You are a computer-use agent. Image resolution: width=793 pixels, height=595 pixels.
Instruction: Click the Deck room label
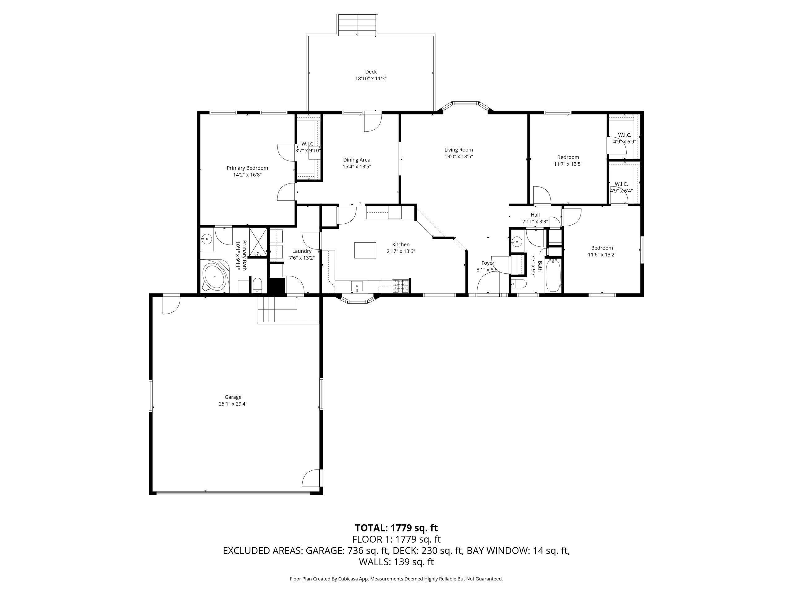click(x=371, y=72)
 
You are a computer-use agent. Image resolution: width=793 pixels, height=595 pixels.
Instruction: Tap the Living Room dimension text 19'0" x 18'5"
click(x=458, y=156)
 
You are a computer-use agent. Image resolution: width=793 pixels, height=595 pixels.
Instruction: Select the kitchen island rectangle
click(x=365, y=250)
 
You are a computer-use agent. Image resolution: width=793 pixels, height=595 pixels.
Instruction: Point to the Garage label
click(x=233, y=397)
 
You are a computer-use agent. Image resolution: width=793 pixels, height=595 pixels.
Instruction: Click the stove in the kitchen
click(x=401, y=286)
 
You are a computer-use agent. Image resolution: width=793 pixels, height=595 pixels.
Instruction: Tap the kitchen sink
click(x=357, y=287)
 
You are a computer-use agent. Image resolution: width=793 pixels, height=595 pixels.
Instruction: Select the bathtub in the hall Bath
click(x=553, y=275)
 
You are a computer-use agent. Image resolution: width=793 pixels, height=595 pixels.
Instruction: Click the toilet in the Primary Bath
click(x=257, y=285)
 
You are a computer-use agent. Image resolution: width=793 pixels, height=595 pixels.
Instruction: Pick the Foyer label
click(x=488, y=263)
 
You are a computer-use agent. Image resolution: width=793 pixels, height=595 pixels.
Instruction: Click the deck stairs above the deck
click(x=357, y=25)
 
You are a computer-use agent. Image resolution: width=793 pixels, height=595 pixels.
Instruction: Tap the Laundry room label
click(x=302, y=251)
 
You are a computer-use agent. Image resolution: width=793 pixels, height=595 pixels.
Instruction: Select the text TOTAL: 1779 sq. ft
click(x=396, y=528)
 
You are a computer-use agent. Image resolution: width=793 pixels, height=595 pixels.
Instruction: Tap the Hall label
click(x=535, y=215)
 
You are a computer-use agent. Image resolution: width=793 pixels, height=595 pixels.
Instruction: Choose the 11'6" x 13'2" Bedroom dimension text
click(x=602, y=255)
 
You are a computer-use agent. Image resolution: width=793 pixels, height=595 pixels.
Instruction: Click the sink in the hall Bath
click(x=517, y=241)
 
